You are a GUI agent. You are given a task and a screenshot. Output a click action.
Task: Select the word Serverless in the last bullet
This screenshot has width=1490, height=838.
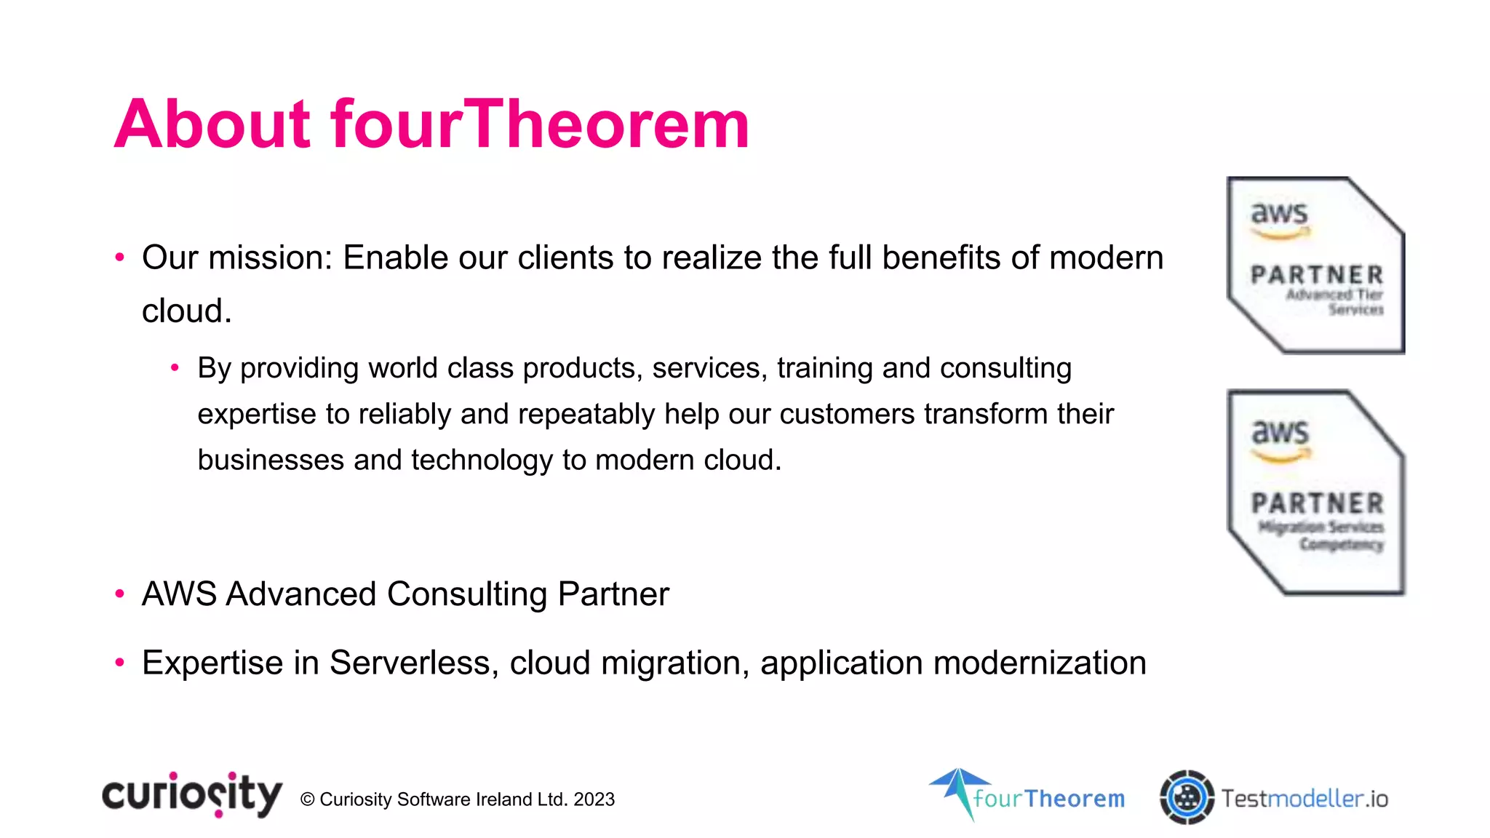[x=413, y=663]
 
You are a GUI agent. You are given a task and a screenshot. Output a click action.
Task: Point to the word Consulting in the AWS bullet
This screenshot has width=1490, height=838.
[x=467, y=594]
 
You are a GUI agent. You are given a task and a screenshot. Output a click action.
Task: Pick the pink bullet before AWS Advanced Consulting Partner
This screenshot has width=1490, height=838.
[x=120, y=594]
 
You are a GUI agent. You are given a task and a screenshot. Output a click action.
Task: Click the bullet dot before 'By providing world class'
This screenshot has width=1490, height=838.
[x=175, y=368]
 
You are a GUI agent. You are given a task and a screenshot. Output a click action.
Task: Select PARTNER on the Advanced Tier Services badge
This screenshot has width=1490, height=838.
[x=1317, y=275]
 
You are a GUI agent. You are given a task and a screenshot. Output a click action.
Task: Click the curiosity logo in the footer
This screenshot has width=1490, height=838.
[x=191, y=795]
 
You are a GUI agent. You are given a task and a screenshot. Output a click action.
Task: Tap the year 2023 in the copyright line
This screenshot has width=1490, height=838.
[x=594, y=799]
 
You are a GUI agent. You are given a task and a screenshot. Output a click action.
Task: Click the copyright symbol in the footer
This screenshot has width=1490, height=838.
[x=307, y=799]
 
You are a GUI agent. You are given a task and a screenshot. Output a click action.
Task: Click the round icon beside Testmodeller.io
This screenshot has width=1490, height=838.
[x=1187, y=797]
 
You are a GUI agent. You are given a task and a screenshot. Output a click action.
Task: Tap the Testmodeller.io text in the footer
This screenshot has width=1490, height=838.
[x=1304, y=799]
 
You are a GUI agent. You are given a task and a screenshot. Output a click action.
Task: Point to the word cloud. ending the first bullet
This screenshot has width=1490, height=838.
[x=186, y=311]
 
